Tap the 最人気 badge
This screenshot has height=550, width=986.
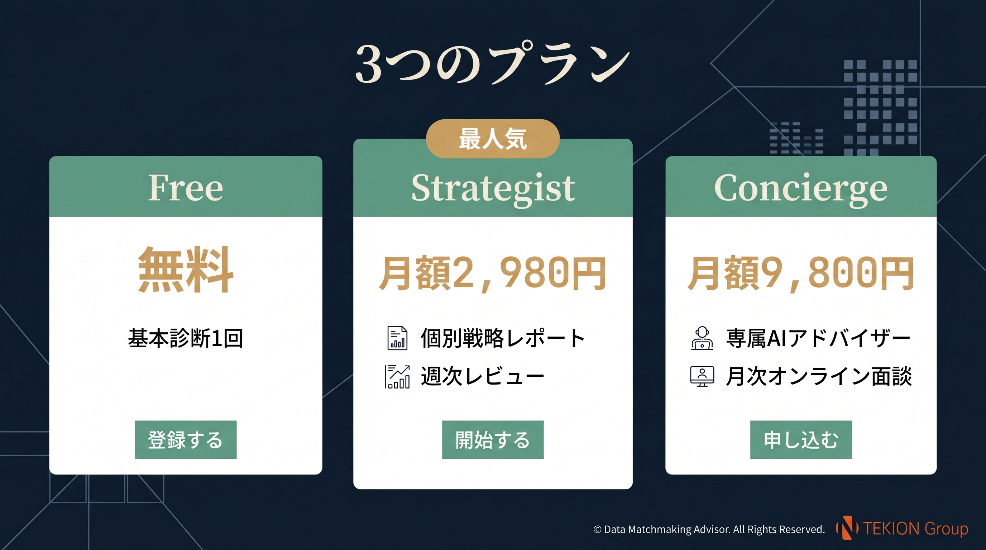[493, 139]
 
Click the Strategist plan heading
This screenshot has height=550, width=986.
[493, 188]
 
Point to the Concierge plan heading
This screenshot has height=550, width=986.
[801, 188]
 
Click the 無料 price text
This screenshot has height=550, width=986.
[186, 270]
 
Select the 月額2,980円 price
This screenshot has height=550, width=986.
[493, 273]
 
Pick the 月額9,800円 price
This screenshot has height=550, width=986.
[801, 273]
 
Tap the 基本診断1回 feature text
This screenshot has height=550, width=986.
[186, 338]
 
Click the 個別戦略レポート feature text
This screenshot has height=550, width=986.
[503, 338]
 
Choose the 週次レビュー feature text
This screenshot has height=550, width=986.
[482, 376]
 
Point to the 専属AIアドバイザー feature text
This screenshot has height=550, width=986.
[818, 338]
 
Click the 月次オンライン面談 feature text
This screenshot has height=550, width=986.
[819, 376]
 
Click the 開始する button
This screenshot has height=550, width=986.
[493, 439]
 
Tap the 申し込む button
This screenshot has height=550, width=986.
[801, 439]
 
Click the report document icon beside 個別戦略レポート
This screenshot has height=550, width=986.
[397, 338]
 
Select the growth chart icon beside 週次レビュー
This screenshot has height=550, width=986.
[397, 377]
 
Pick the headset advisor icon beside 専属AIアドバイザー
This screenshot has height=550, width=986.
[702, 338]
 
